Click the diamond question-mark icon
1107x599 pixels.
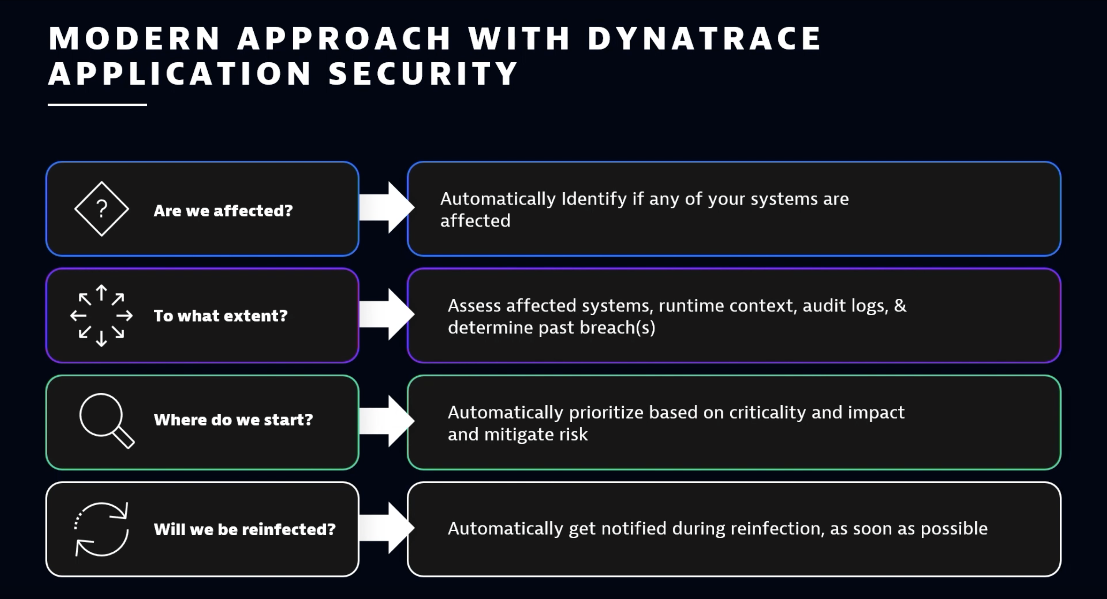click(x=101, y=209)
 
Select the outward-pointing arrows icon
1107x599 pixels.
click(x=101, y=316)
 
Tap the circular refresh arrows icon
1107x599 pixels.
click(x=101, y=529)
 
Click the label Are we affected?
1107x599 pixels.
click(x=223, y=211)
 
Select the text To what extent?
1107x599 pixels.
click(x=221, y=316)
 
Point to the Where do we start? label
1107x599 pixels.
click(x=233, y=420)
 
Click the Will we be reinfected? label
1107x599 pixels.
click(x=244, y=529)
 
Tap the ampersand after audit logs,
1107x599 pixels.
click(x=900, y=306)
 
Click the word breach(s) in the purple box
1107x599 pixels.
click(x=618, y=328)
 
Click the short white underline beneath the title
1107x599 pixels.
click(x=97, y=105)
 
